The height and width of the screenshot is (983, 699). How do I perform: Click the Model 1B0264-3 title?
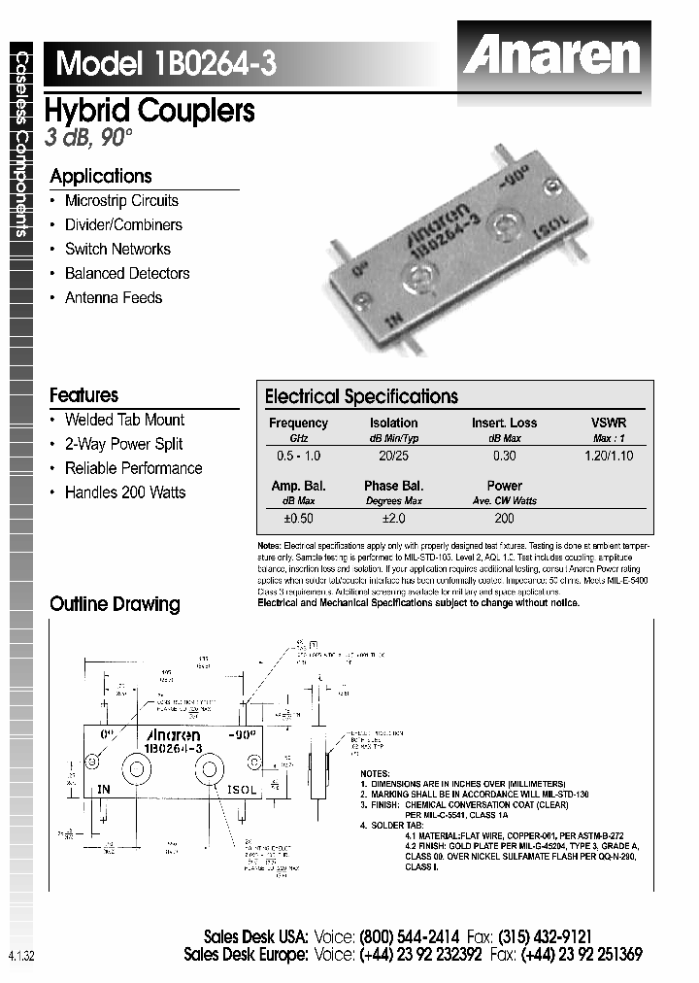166,63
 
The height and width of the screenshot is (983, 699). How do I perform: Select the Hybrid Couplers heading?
150,111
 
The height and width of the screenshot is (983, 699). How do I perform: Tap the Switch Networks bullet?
117,249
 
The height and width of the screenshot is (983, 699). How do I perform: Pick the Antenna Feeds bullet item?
113,297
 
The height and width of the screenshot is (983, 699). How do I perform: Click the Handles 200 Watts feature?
124,491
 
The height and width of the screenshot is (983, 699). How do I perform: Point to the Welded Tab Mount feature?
124,420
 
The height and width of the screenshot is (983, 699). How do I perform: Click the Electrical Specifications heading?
361,396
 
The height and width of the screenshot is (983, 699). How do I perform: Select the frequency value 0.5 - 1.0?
298,456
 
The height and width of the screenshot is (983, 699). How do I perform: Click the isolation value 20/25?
393,456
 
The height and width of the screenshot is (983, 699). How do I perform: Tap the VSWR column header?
609,423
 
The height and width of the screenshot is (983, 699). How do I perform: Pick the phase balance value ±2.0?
393,519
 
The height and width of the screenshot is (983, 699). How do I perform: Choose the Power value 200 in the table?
504,519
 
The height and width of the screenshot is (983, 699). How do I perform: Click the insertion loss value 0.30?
504,456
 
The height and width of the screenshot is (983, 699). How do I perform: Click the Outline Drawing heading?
115,604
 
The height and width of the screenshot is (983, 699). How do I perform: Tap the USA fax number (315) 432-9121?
546,937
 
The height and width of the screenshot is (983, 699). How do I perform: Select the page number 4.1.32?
21,956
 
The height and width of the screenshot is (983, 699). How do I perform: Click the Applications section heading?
101,176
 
